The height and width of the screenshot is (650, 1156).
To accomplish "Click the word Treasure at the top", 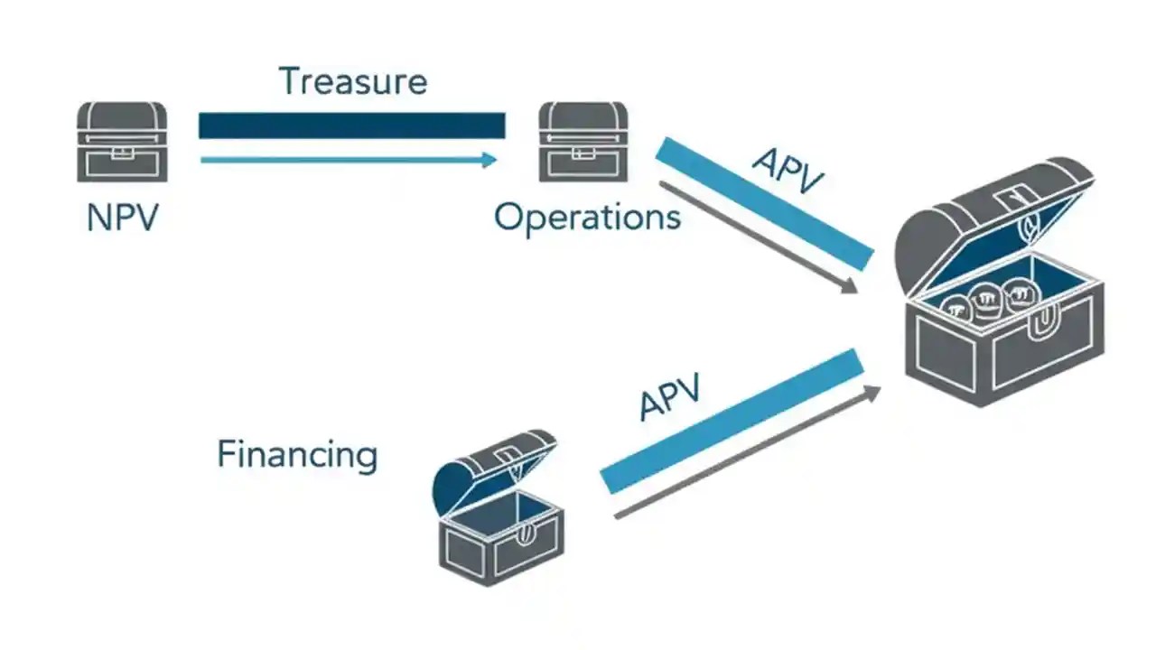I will (x=352, y=81).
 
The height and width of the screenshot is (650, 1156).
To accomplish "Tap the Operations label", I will (x=587, y=218).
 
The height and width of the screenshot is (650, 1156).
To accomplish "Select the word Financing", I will (x=297, y=454).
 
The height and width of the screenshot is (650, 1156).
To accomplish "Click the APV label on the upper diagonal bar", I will (x=787, y=171).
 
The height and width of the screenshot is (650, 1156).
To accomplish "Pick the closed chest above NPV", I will (x=122, y=142).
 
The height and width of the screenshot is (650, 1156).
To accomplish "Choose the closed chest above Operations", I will (x=583, y=142).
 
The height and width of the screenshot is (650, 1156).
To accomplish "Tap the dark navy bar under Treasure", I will (x=351, y=125).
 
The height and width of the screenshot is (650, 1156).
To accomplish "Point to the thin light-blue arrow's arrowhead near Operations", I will (x=489, y=160).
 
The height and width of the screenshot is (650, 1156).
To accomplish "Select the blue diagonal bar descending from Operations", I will (x=764, y=204).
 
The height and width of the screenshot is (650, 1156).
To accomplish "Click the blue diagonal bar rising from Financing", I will (x=732, y=421).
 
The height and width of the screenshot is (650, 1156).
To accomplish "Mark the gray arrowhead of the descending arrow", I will (x=849, y=287).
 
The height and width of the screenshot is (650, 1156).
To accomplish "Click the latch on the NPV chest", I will (x=122, y=154).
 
